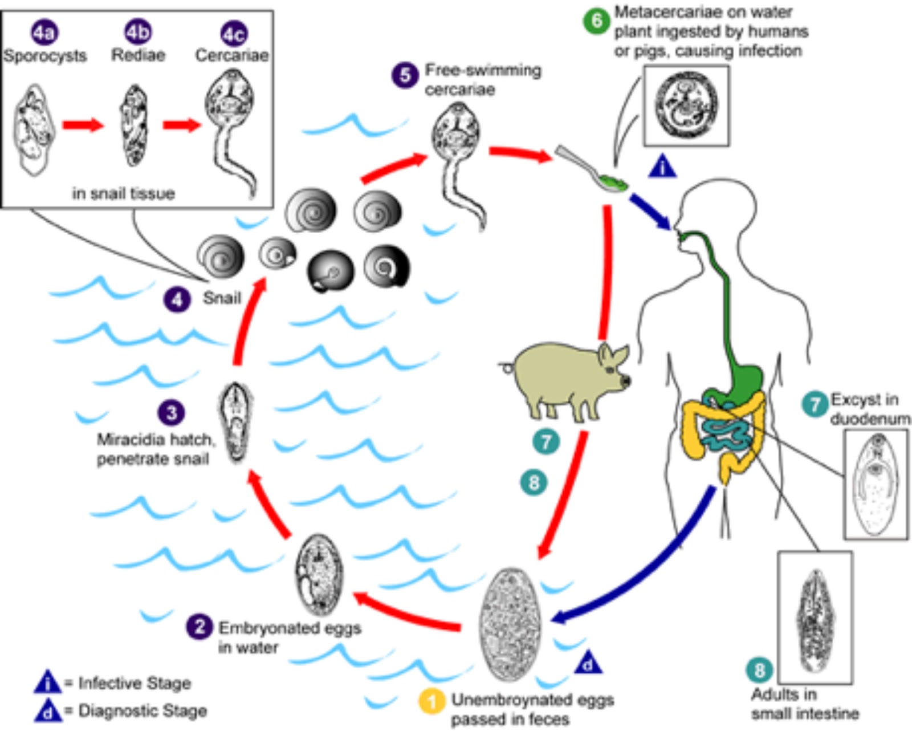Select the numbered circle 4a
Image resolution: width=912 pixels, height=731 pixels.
44,34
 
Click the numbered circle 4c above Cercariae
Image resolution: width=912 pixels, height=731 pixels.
233,34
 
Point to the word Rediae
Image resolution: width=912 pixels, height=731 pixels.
138,55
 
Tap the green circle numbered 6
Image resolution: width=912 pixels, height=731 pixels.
597,22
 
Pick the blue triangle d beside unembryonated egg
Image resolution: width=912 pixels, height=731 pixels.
588,664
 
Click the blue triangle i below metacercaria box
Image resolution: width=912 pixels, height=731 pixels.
662,167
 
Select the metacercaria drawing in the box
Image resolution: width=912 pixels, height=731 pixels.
686,104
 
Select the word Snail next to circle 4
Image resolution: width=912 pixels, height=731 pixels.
222,298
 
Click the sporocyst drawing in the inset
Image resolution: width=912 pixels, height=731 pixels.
34,128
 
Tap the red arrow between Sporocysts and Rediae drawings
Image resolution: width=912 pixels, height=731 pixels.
83,125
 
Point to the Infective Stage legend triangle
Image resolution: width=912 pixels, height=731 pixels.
47,682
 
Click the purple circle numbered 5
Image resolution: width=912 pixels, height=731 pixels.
405,75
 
